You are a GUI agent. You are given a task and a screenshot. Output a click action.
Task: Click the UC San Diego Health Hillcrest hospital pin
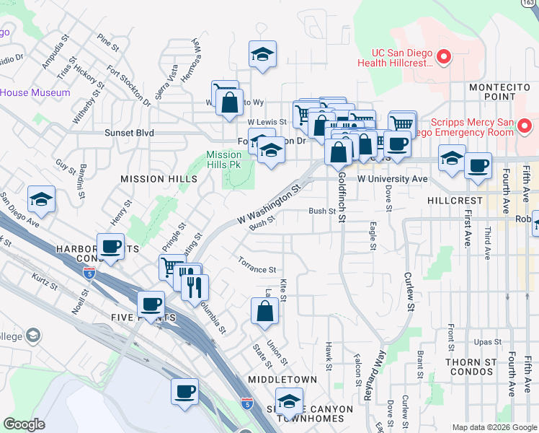pos(444,56)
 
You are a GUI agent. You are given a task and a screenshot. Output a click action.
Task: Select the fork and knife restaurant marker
pos(193,287)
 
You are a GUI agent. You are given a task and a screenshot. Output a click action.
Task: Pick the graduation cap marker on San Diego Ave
pos(41,199)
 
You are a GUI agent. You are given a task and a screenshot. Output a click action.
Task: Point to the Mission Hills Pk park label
pos(223,159)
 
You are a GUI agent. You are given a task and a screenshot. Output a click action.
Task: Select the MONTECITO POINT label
pos(500,92)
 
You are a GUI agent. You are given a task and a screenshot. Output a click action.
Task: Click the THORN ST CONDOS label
pos(471,367)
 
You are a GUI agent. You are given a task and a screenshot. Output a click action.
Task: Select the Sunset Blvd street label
pos(110,133)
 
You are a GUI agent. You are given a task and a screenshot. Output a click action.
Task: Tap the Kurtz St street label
pos(45,281)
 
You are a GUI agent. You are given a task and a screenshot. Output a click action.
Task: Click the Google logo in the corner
pos(24,424)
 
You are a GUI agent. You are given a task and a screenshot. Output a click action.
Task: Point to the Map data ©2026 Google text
pos(494,427)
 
